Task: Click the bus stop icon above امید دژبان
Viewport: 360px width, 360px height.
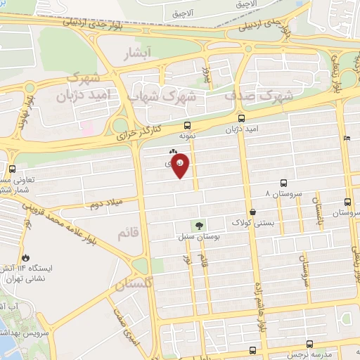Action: click(x=241, y=118)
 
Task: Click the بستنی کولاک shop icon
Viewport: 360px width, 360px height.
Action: click(x=252, y=210)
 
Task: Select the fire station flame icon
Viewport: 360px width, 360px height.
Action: click(x=26, y=258)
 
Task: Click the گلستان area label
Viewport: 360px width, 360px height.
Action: click(x=134, y=283)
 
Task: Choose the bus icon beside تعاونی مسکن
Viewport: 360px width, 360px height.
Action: click(x=12, y=169)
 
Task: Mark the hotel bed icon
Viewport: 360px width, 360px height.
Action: click(x=347, y=139)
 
